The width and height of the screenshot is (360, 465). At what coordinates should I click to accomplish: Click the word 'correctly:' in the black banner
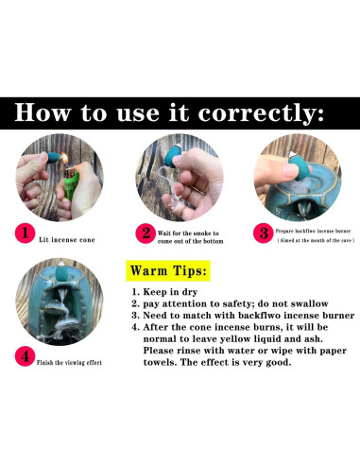tap(261, 112)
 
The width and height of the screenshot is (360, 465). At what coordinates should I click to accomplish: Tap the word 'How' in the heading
tap(43, 112)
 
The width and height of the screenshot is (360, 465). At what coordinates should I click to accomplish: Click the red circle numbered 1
tap(25, 233)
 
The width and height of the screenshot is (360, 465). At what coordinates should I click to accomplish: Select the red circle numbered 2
tap(146, 233)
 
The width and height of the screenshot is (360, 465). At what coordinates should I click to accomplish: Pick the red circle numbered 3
tap(264, 233)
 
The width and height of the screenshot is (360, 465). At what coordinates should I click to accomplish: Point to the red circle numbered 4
tap(25, 356)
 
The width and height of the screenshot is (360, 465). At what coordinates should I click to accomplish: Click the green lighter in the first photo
tap(72, 185)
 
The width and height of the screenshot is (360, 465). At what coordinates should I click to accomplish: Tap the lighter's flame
tap(65, 159)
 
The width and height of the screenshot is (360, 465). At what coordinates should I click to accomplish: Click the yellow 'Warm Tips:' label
tap(168, 270)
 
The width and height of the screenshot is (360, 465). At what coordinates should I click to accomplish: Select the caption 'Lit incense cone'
tap(67, 240)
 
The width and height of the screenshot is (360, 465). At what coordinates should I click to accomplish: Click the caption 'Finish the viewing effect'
tap(69, 363)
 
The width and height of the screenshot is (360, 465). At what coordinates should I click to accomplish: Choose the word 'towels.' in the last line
tap(160, 362)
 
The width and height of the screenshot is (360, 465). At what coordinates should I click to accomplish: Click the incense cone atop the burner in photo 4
tap(60, 271)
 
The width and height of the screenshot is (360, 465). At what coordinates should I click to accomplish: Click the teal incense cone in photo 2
tap(173, 155)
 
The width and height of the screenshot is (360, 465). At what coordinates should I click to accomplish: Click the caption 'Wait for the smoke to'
tap(188, 233)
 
